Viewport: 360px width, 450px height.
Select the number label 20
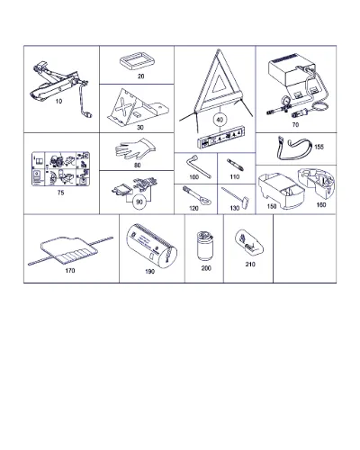click(140, 76)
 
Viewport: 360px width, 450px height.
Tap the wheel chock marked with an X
click(137, 107)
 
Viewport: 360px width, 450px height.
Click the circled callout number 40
click(220, 120)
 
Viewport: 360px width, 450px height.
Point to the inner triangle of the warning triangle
click(220, 83)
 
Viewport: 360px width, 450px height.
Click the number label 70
click(295, 124)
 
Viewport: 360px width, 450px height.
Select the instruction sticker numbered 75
click(60, 169)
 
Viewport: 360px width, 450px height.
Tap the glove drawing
click(136, 149)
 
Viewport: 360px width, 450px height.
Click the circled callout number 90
click(139, 202)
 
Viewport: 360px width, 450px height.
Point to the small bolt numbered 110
click(236, 165)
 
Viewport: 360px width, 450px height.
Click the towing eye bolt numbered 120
click(196, 196)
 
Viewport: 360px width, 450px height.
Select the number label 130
click(235, 208)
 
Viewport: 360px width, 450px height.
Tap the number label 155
click(319, 147)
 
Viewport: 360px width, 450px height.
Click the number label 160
click(321, 205)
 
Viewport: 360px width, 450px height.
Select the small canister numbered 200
click(205, 246)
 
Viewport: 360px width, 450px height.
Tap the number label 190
click(149, 272)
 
